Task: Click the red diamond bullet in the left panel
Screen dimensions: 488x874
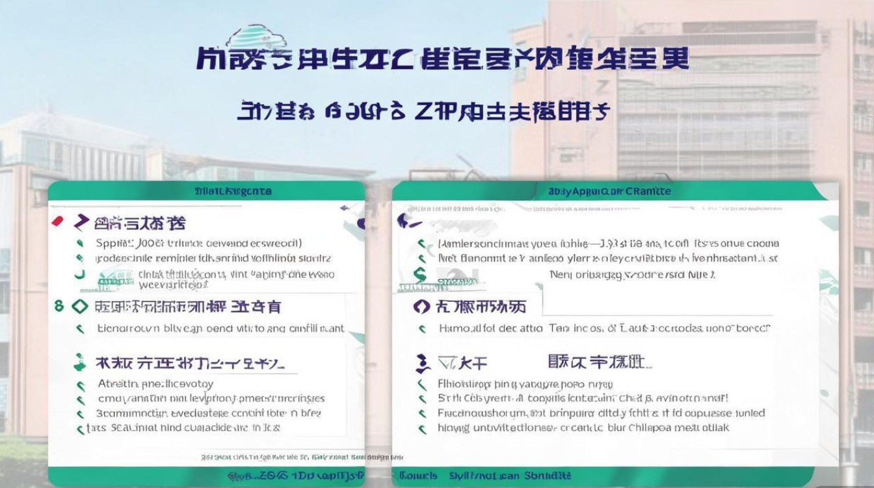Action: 57,221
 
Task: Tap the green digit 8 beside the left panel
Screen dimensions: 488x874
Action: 59,305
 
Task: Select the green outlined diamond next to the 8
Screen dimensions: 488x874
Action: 79,306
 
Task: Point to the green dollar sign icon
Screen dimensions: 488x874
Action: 421,275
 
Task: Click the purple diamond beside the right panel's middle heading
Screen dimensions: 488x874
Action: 421,306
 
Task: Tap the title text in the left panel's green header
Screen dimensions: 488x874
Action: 233,191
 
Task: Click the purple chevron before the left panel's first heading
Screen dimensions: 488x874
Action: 81,223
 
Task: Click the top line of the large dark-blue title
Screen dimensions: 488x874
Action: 442,59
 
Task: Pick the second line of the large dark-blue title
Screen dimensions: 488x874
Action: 423,111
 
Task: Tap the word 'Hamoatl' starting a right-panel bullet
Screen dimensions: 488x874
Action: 458,329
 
